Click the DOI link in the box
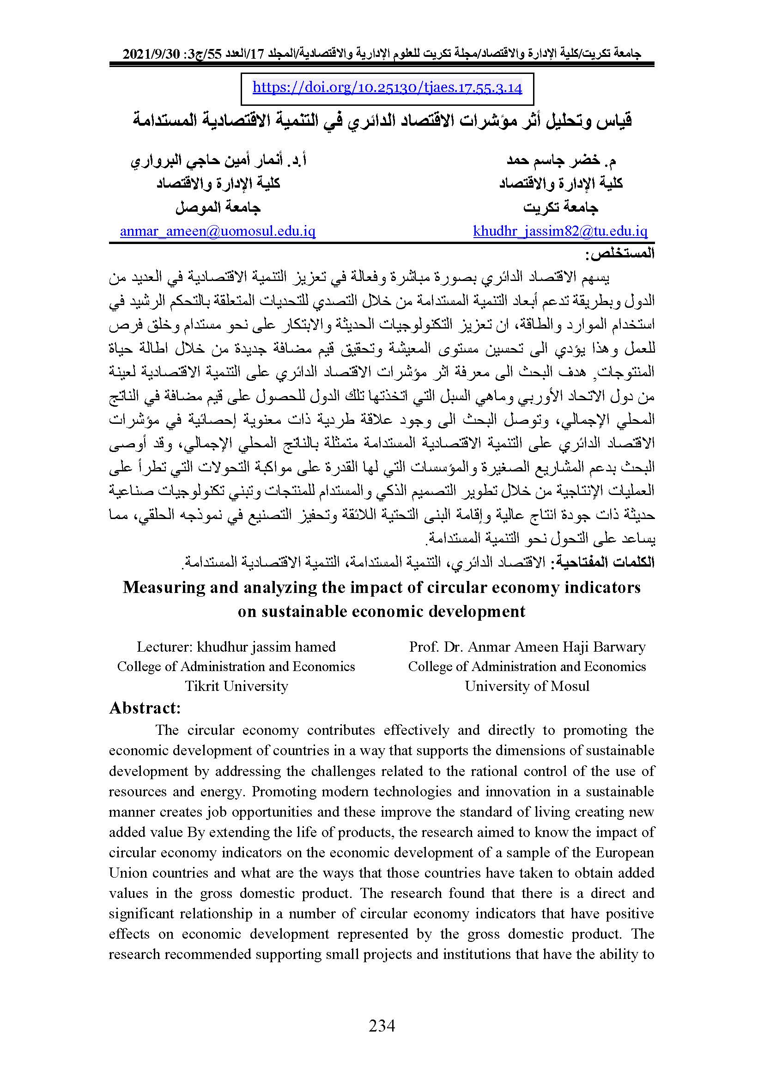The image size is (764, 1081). [x=387, y=88]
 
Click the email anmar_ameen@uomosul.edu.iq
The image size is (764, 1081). [x=218, y=231]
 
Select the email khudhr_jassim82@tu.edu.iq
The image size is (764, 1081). [x=560, y=231]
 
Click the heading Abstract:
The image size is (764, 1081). [x=145, y=708]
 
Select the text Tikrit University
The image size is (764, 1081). [x=236, y=686]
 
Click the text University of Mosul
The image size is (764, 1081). [x=527, y=686]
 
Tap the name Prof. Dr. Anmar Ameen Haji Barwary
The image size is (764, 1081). [x=527, y=647]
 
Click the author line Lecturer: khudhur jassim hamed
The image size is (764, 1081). [x=236, y=647]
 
